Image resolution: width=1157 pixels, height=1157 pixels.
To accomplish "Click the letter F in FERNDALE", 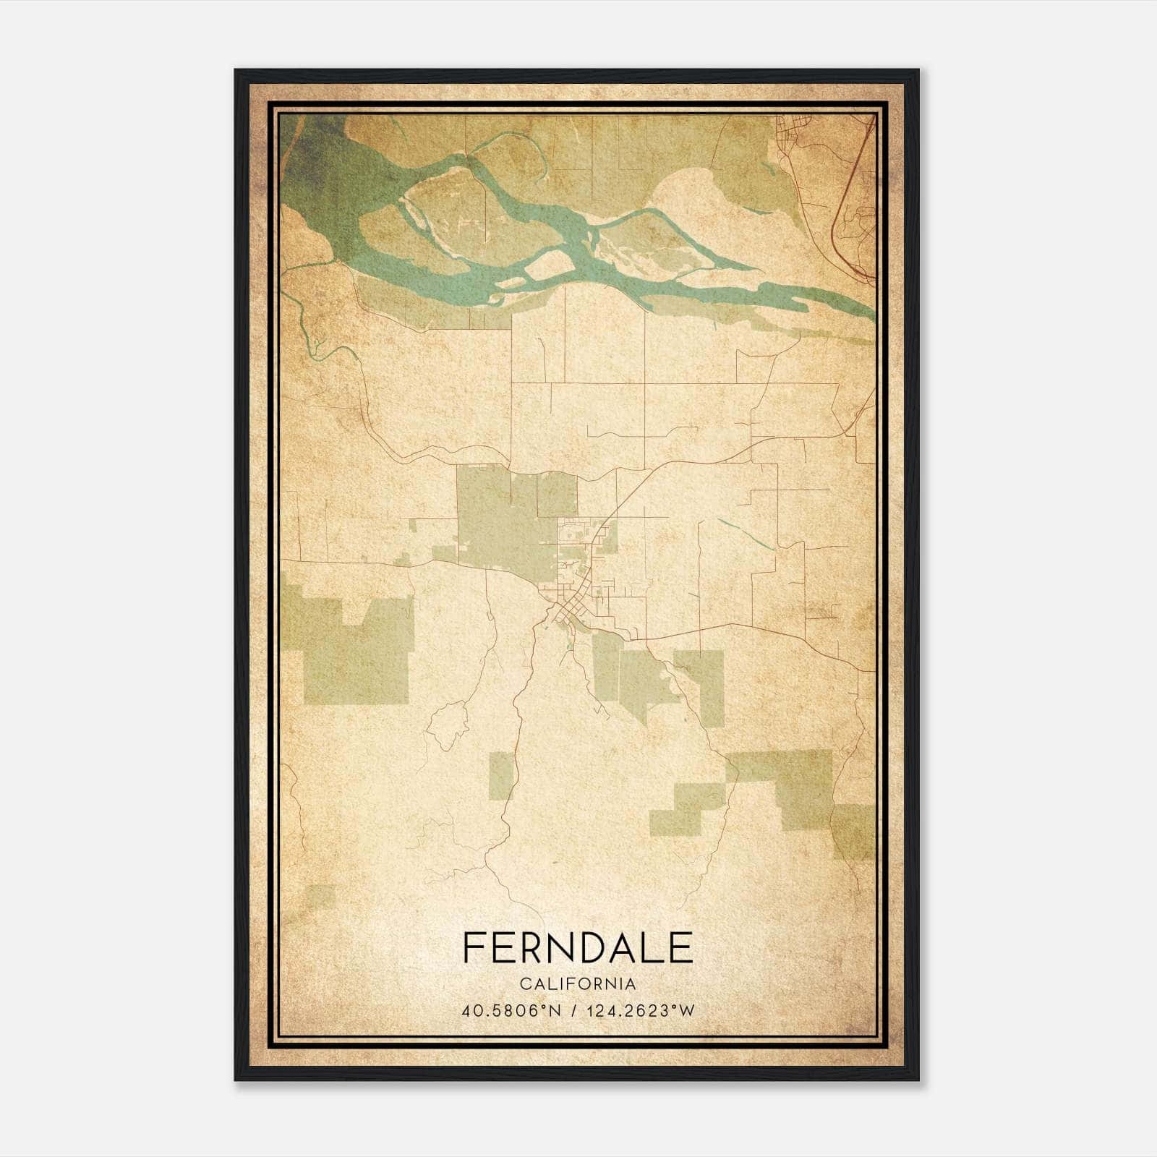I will (474, 948).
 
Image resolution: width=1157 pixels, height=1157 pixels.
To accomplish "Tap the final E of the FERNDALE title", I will (681, 948).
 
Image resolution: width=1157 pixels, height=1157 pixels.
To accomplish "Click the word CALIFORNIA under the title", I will (578, 984).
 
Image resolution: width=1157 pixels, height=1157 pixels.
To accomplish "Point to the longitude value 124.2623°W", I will (641, 1011).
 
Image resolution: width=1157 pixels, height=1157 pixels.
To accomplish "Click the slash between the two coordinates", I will (573, 1011).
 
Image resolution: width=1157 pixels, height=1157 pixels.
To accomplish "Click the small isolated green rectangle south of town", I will (501, 774).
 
